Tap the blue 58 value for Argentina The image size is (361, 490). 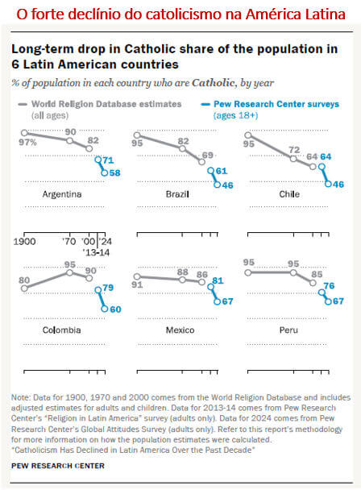pyautogui.click(x=115, y=173)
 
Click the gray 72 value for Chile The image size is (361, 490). pyautogui.click(x=296, y=151)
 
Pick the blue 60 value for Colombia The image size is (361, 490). pyautogui.click(x=114, y=309)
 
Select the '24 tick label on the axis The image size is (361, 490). pyautogui.click(x=107, y=240)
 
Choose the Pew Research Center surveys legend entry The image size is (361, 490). pyautogui.click(x=280, y=105)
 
